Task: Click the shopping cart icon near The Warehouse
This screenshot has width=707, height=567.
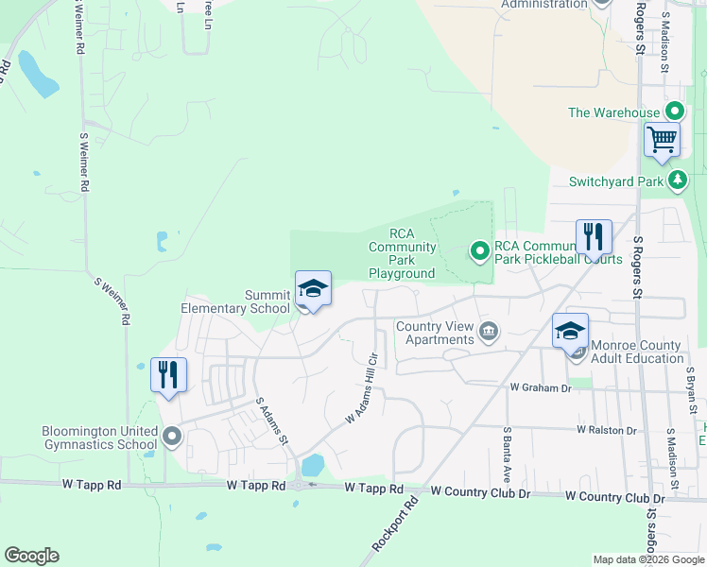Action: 663,140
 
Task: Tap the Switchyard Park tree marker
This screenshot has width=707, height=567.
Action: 677,180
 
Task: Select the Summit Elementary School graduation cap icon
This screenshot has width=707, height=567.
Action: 314,289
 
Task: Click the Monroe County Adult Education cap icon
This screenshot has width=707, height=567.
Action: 571,332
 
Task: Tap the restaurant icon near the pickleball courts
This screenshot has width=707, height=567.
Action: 594,237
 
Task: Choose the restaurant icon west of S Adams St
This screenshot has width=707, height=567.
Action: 168,375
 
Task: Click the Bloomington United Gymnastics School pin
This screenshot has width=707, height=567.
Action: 171,437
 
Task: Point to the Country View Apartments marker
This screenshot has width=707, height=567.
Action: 490,330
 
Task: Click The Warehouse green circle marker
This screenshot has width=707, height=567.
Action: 675,112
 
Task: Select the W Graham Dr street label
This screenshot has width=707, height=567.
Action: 541,387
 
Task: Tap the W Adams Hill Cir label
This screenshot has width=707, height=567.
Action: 362,387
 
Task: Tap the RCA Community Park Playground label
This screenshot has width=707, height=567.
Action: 402,253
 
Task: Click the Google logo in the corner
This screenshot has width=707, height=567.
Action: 31,556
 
